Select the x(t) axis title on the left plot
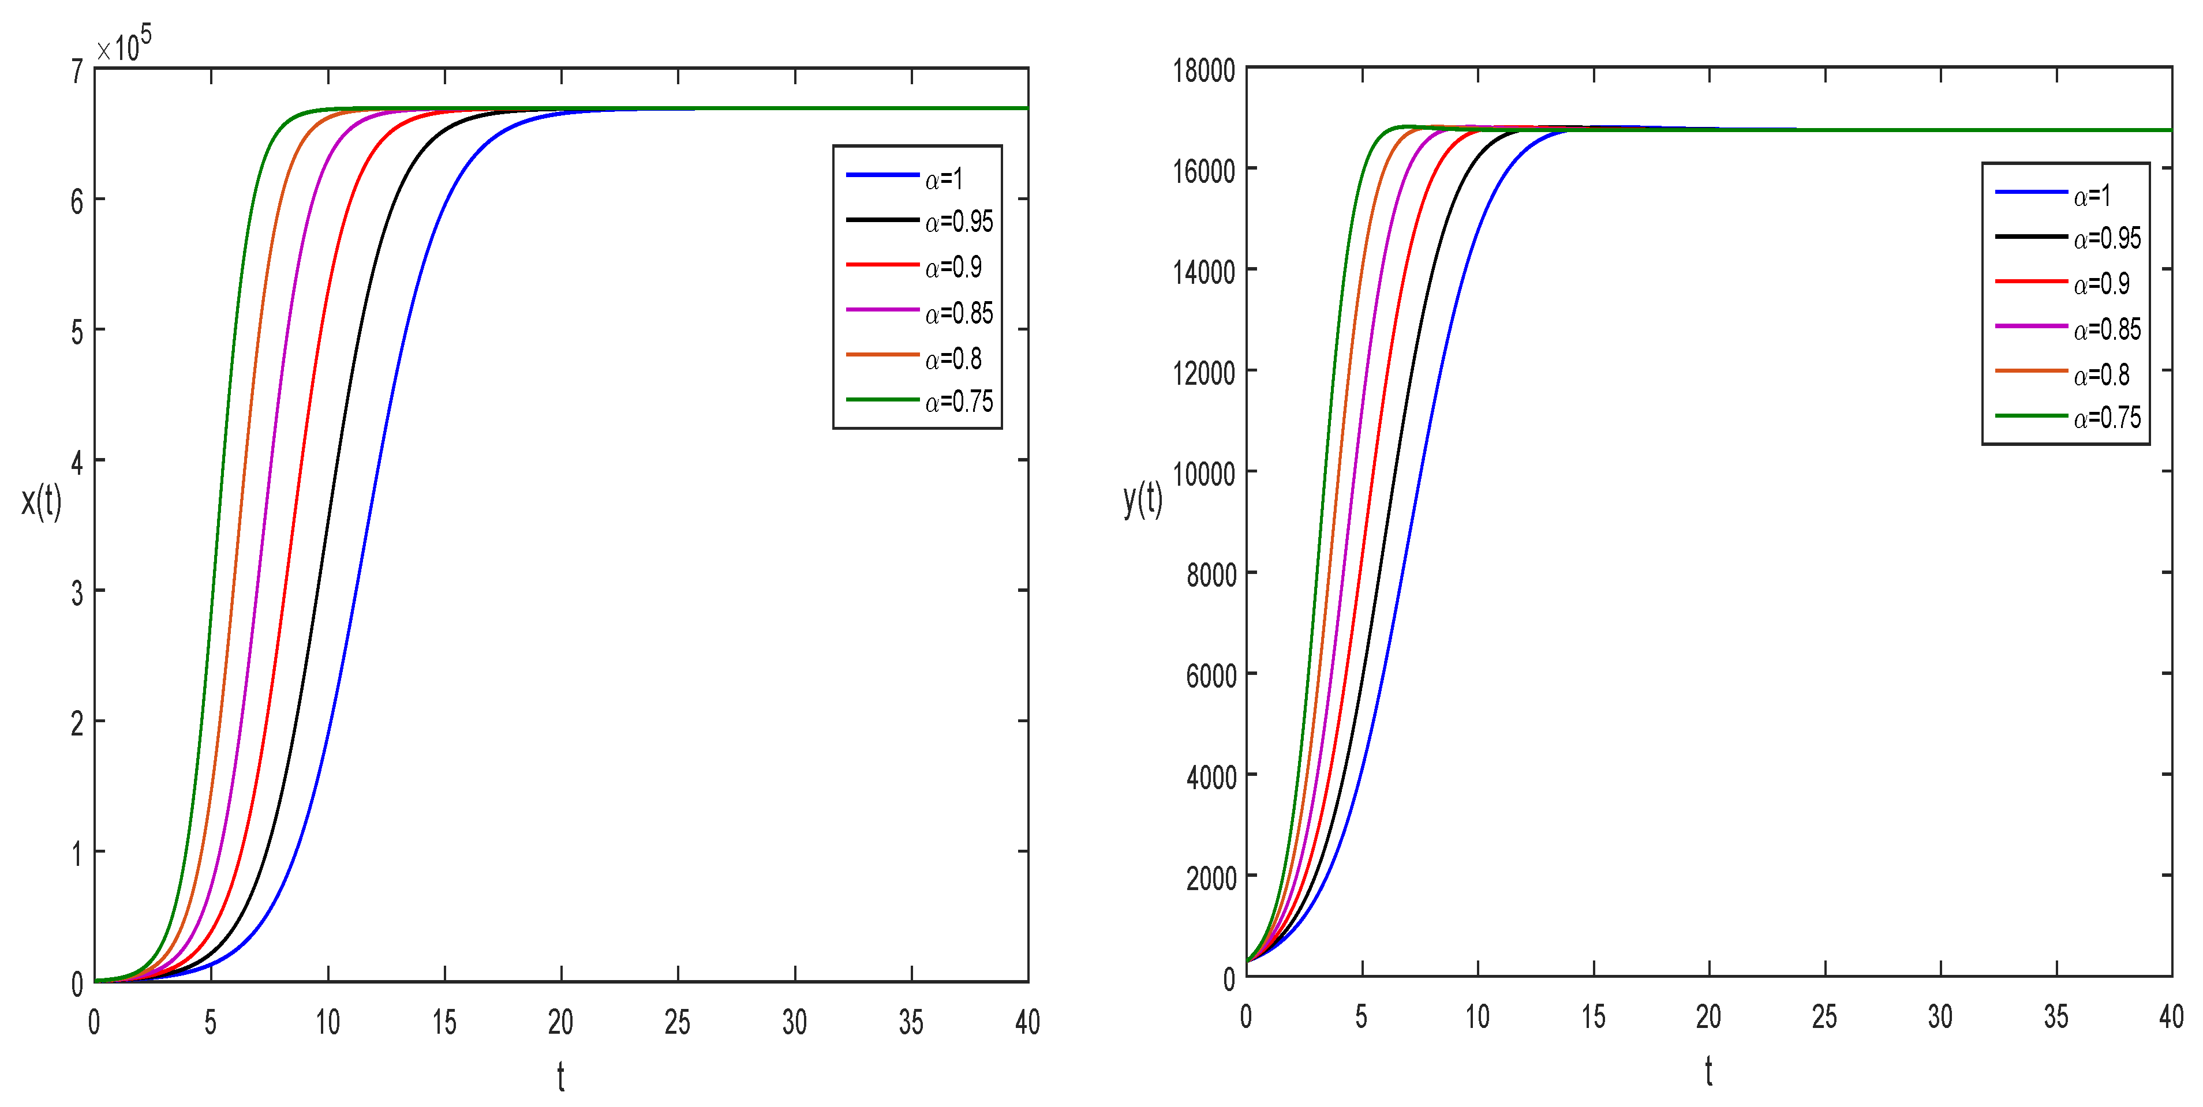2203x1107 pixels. click(x=41, y=500)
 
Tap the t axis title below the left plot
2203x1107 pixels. click(x=560, y=1077)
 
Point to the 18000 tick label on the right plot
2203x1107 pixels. click(x=1203, y=70)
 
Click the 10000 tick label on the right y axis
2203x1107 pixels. click(x=1203, y=472)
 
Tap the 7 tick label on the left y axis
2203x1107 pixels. click(x=77, y=72)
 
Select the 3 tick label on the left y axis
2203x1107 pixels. click(x=77, y=592)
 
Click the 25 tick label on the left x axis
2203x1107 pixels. click(x=678, y=1022)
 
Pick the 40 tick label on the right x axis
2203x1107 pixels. click(x=2171, y=1016)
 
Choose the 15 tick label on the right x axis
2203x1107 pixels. click(x=1592, y=1016)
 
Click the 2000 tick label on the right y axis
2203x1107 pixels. click(x=1210, y=877)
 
